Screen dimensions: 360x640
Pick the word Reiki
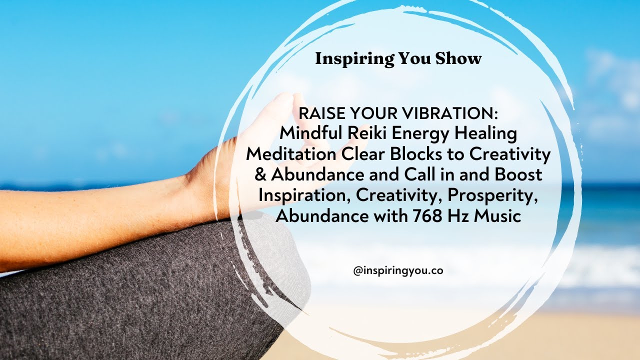tap(364, 134)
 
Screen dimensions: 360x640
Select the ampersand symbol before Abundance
tap(263, 175)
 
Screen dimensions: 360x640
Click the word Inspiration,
tap(304, 196)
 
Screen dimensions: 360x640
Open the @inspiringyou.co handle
tap(398, 270)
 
